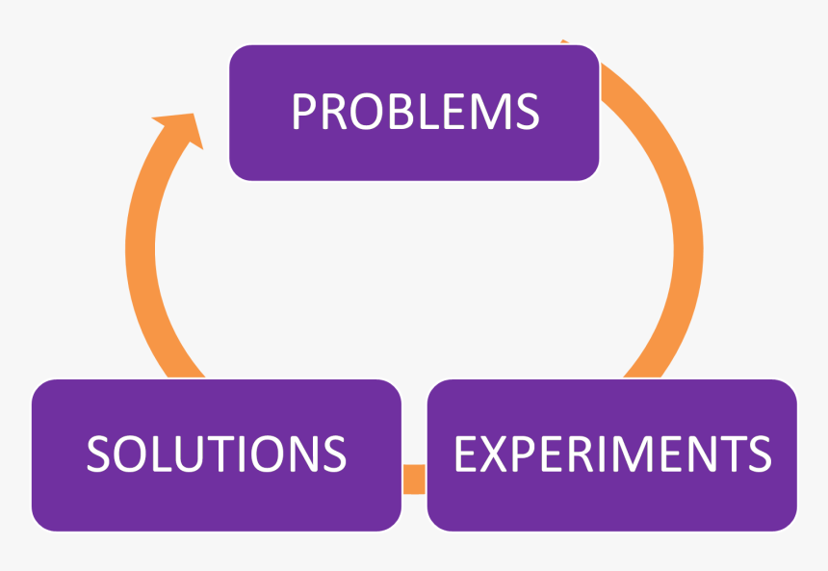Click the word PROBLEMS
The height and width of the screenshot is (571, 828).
point(415,113)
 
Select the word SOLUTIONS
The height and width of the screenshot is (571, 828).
point(216,454)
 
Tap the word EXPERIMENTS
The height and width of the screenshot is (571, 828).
point(612,454)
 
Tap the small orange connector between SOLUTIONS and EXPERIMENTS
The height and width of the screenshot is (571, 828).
point(414,479)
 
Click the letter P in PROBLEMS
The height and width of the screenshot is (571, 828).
point(303,113)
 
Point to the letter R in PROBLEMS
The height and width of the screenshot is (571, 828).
point(332,113)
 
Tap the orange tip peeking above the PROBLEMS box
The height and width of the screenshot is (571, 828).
point(565,43)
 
